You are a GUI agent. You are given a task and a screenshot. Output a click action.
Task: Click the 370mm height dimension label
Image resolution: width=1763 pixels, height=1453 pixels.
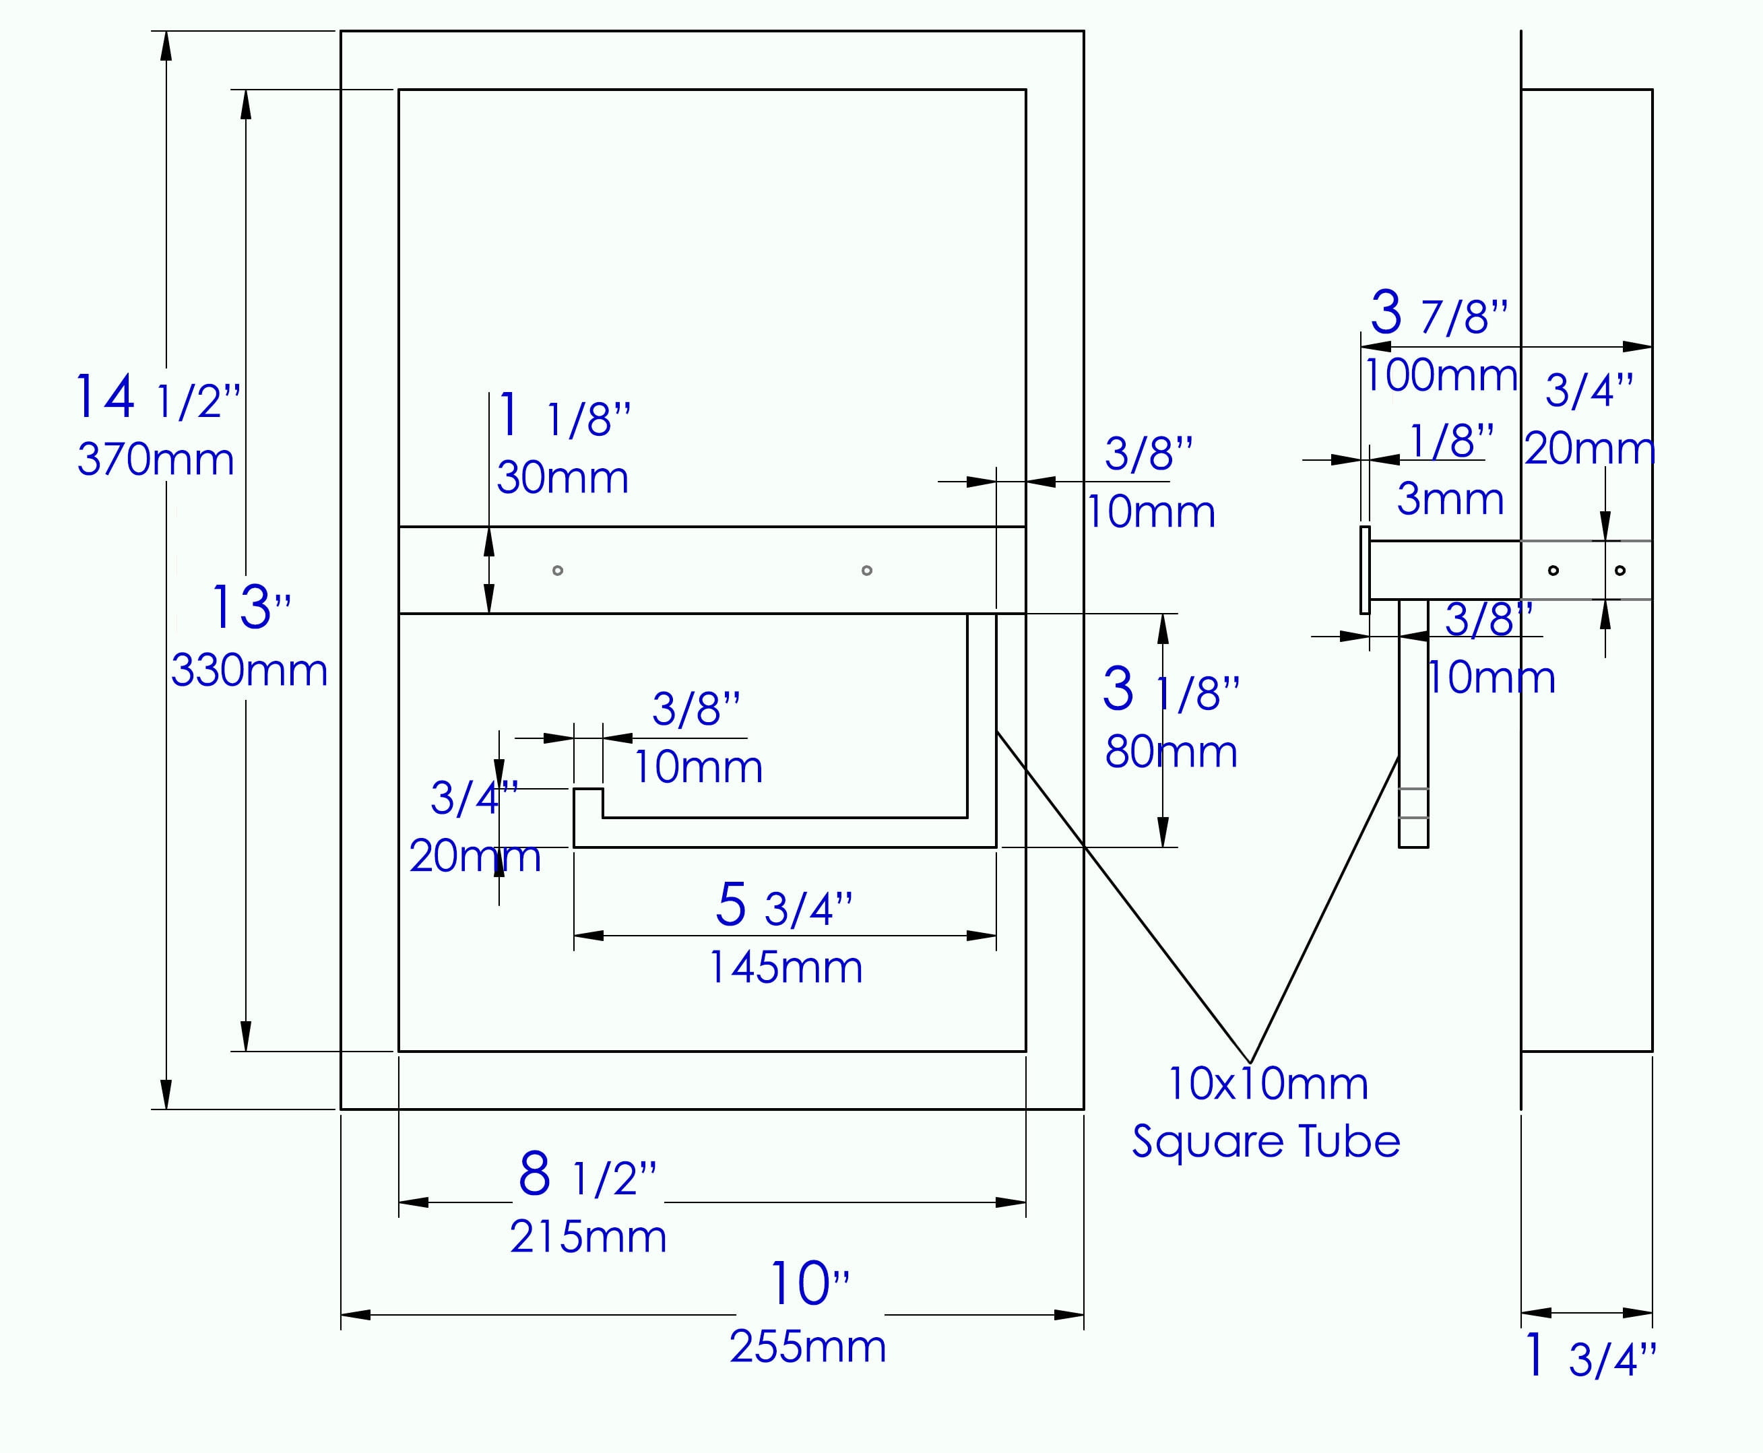tap(156, 459)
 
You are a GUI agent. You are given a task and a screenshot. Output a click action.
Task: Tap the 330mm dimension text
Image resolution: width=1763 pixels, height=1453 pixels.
tap(249, 670)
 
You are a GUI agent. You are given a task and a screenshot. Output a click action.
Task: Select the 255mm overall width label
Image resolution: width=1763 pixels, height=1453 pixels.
tap(808, 1347)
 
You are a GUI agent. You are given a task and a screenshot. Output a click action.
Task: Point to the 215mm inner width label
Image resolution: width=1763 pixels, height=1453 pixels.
tap(589, 1236)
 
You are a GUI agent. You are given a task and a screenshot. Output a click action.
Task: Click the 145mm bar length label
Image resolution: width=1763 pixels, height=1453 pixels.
tap(786, 967)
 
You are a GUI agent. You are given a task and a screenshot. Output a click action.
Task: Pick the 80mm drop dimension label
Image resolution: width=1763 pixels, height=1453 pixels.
tap(1171, 752)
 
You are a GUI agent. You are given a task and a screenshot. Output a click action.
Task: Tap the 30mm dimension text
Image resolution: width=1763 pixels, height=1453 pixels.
tap(563, 477)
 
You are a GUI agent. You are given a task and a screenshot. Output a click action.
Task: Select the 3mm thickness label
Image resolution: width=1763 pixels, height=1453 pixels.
tap(1450, 499)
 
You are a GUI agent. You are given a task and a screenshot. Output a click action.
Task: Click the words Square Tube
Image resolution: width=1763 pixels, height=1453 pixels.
tap(1267, 1141)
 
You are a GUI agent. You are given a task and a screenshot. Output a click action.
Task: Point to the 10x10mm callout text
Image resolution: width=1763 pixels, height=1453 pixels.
tap(1269, 1084)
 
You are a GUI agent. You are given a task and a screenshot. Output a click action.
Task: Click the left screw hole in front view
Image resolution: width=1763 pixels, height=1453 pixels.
tap(558, 571)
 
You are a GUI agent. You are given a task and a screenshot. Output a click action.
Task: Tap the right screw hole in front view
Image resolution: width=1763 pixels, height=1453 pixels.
tap(867, 571)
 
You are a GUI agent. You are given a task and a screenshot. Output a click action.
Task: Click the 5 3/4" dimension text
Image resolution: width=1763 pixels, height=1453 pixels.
tap(784, 905)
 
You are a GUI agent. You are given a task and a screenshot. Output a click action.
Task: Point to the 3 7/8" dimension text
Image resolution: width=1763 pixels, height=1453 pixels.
tap(1439, 313)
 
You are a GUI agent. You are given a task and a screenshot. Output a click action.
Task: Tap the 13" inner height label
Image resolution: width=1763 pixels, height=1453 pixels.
tap(251, 607)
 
